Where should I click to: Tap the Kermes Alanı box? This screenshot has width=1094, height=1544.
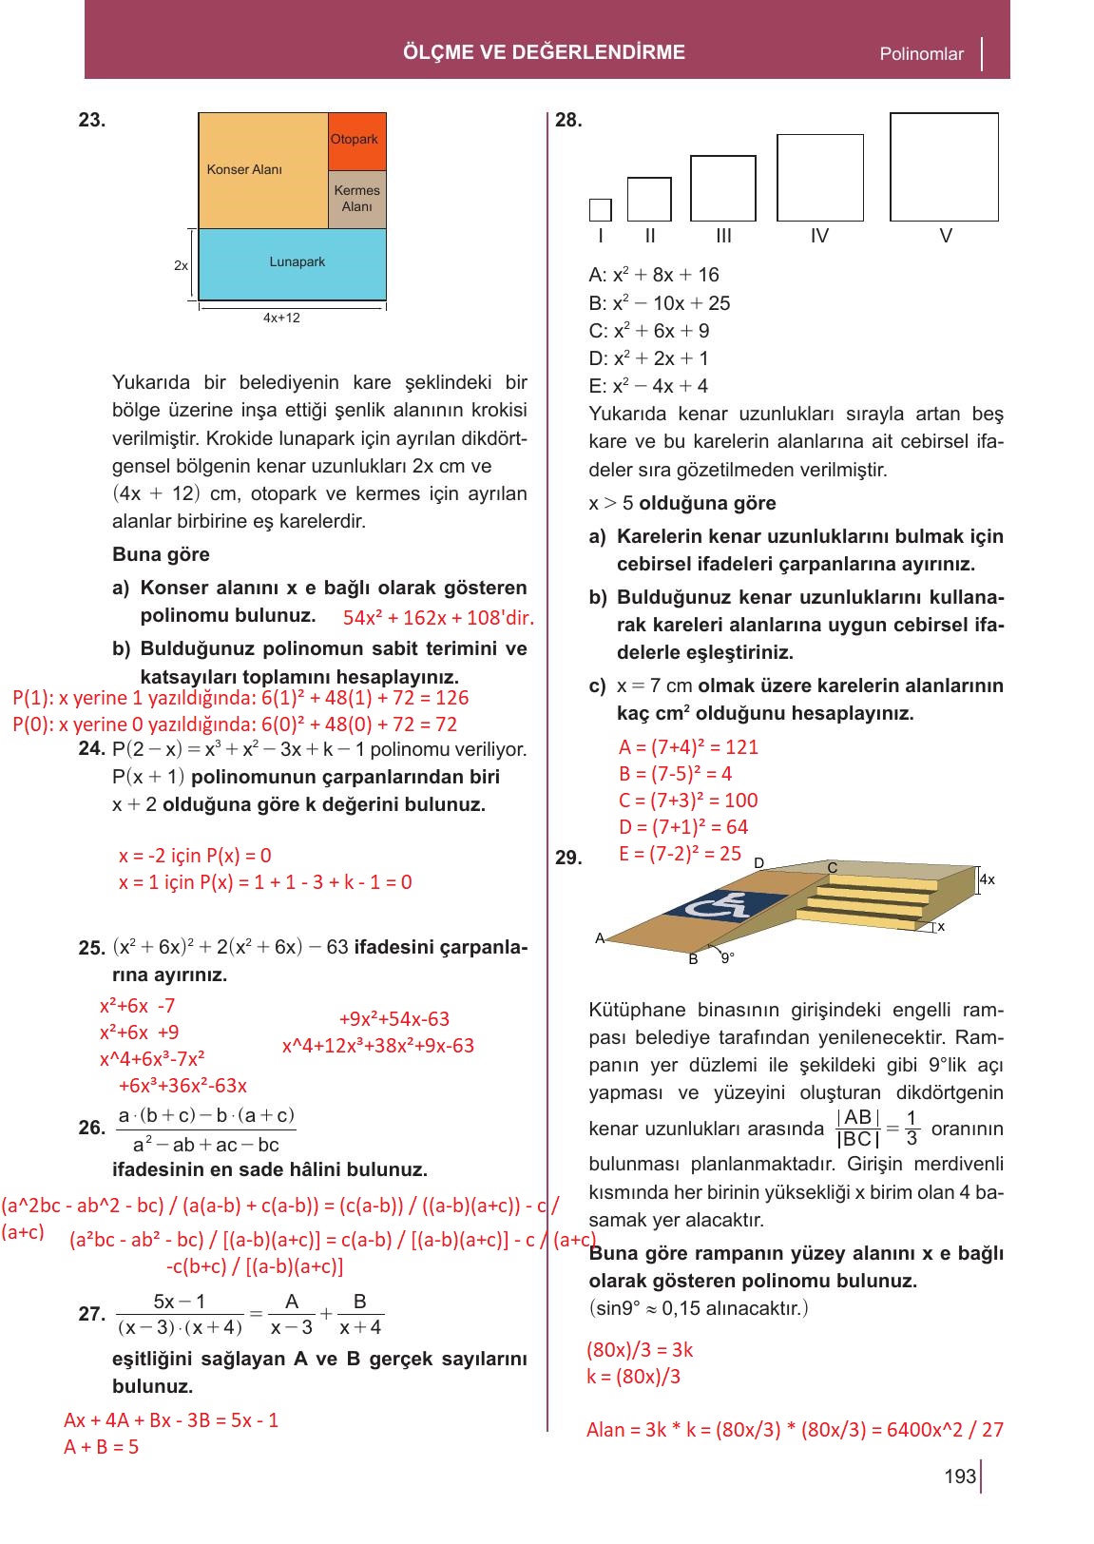[x=356, y=199]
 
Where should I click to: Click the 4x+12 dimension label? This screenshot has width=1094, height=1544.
[x=281, y=318]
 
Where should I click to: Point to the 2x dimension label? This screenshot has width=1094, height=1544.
[x=181, y=265]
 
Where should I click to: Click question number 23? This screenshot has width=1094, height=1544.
[x=92, y=120]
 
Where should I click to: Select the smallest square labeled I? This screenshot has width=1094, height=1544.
[x=600, y=209]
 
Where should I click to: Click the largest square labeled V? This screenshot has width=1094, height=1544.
[x=944, y=166]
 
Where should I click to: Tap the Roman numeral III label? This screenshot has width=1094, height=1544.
[x=723, y=236]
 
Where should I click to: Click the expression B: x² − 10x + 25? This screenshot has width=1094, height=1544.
[x=659, y=303]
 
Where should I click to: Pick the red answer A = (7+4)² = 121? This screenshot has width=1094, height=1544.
[x=688, y=747]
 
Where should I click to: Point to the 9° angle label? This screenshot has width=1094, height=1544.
[x=727, y=958]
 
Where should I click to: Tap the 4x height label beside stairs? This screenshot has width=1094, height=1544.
[x=987, y=879]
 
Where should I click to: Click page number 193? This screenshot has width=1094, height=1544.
[x=959, y=1476]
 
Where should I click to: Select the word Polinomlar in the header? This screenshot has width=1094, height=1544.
[x=921, y=54]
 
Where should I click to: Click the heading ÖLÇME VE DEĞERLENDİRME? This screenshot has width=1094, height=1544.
[x=544, y=52]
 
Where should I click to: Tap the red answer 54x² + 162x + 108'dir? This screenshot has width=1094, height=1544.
[x=438, y=618]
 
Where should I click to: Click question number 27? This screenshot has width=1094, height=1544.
[x=91, y=1314]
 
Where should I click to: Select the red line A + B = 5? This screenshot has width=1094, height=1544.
[x=101, y=1447]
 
